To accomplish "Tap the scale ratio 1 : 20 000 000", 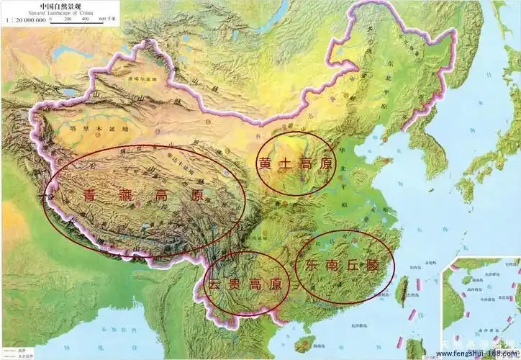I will click(x=24, y=20).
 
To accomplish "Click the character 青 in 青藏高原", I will click(x=90, y=195).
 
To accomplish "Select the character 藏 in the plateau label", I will click(x=123, y=195).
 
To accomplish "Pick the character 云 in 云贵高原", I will click(x=214, y=284).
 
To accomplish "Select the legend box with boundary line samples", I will click(x=17, y=347).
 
